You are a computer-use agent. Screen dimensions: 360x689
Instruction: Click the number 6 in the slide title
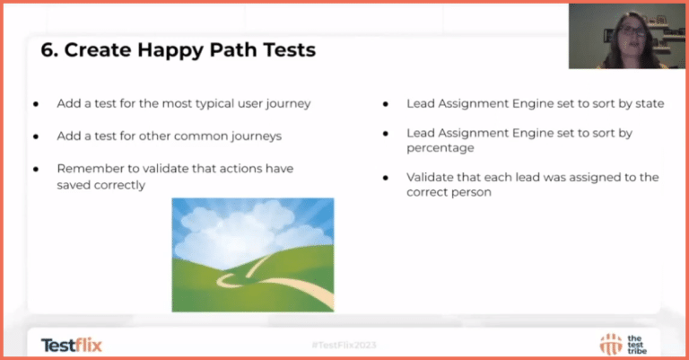(x=47, y=50)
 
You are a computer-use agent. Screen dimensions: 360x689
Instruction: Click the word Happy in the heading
(x=167, y=50)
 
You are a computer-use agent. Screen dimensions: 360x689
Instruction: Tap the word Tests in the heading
(x=283, y=50)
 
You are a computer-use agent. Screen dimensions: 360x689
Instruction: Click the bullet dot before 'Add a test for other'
(x=36, y=136)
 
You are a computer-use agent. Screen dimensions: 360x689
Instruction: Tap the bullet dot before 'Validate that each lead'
(x=385, y=178)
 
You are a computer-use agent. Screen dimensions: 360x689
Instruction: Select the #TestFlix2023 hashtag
(x=344, y=345)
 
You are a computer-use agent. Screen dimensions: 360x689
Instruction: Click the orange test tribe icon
(x=611, y=343)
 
